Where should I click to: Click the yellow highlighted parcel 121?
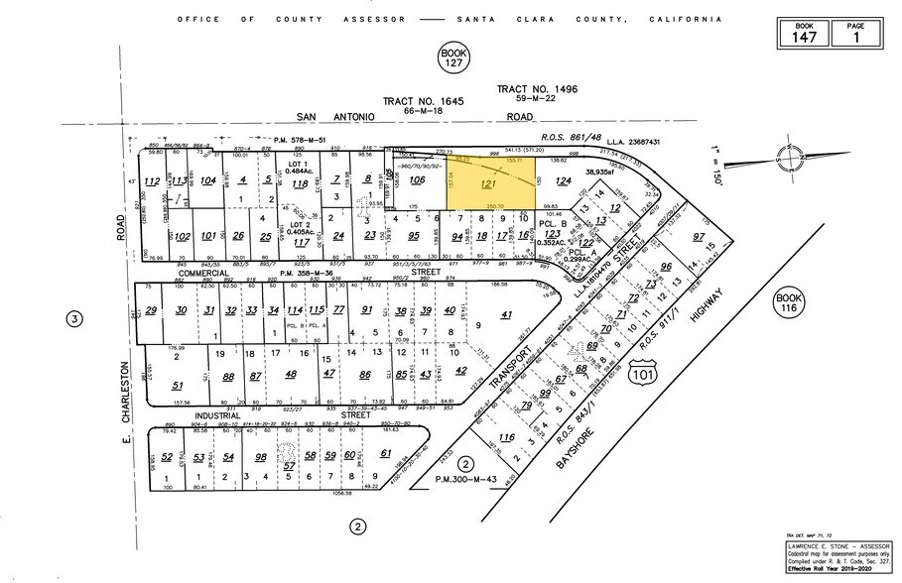[487, 185]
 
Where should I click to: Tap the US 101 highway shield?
[640, 371]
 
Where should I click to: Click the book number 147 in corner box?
[804, 39]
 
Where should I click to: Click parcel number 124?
[565, 181]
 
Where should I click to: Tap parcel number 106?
[418, 180]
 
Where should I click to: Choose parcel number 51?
[178, 386]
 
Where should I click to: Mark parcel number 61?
[386, 454]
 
